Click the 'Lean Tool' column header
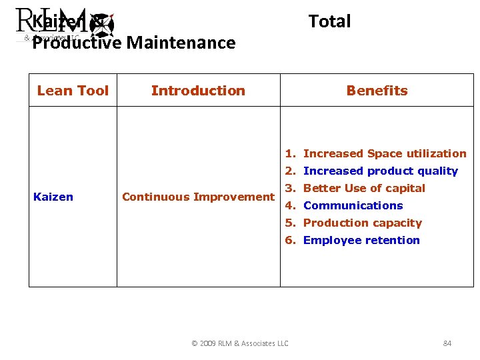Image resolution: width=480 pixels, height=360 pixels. point(73,91)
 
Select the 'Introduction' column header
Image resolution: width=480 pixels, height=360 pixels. point(198,91)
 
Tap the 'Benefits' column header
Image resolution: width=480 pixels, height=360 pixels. point(377,91)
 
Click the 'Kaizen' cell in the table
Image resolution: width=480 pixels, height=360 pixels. point(53,197)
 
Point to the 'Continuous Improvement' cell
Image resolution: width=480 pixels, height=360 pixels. point(198,197)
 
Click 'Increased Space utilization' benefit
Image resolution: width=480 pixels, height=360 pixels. point(385,153)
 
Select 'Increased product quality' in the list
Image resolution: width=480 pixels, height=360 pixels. point(380,171)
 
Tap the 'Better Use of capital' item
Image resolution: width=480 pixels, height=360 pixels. point(364,188)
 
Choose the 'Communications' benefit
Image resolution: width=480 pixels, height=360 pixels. point(353,205)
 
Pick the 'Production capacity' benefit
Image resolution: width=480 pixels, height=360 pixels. point(362,223)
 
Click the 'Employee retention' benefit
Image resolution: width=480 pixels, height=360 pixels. point(361,240)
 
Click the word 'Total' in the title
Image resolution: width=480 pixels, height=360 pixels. point(329,21)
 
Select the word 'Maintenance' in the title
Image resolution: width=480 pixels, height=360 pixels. point(181,43)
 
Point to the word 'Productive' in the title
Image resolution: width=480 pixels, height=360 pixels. point(77,43)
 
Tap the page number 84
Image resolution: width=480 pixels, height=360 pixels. point(447,343)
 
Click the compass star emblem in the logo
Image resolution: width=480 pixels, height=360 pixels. point(103,25)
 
